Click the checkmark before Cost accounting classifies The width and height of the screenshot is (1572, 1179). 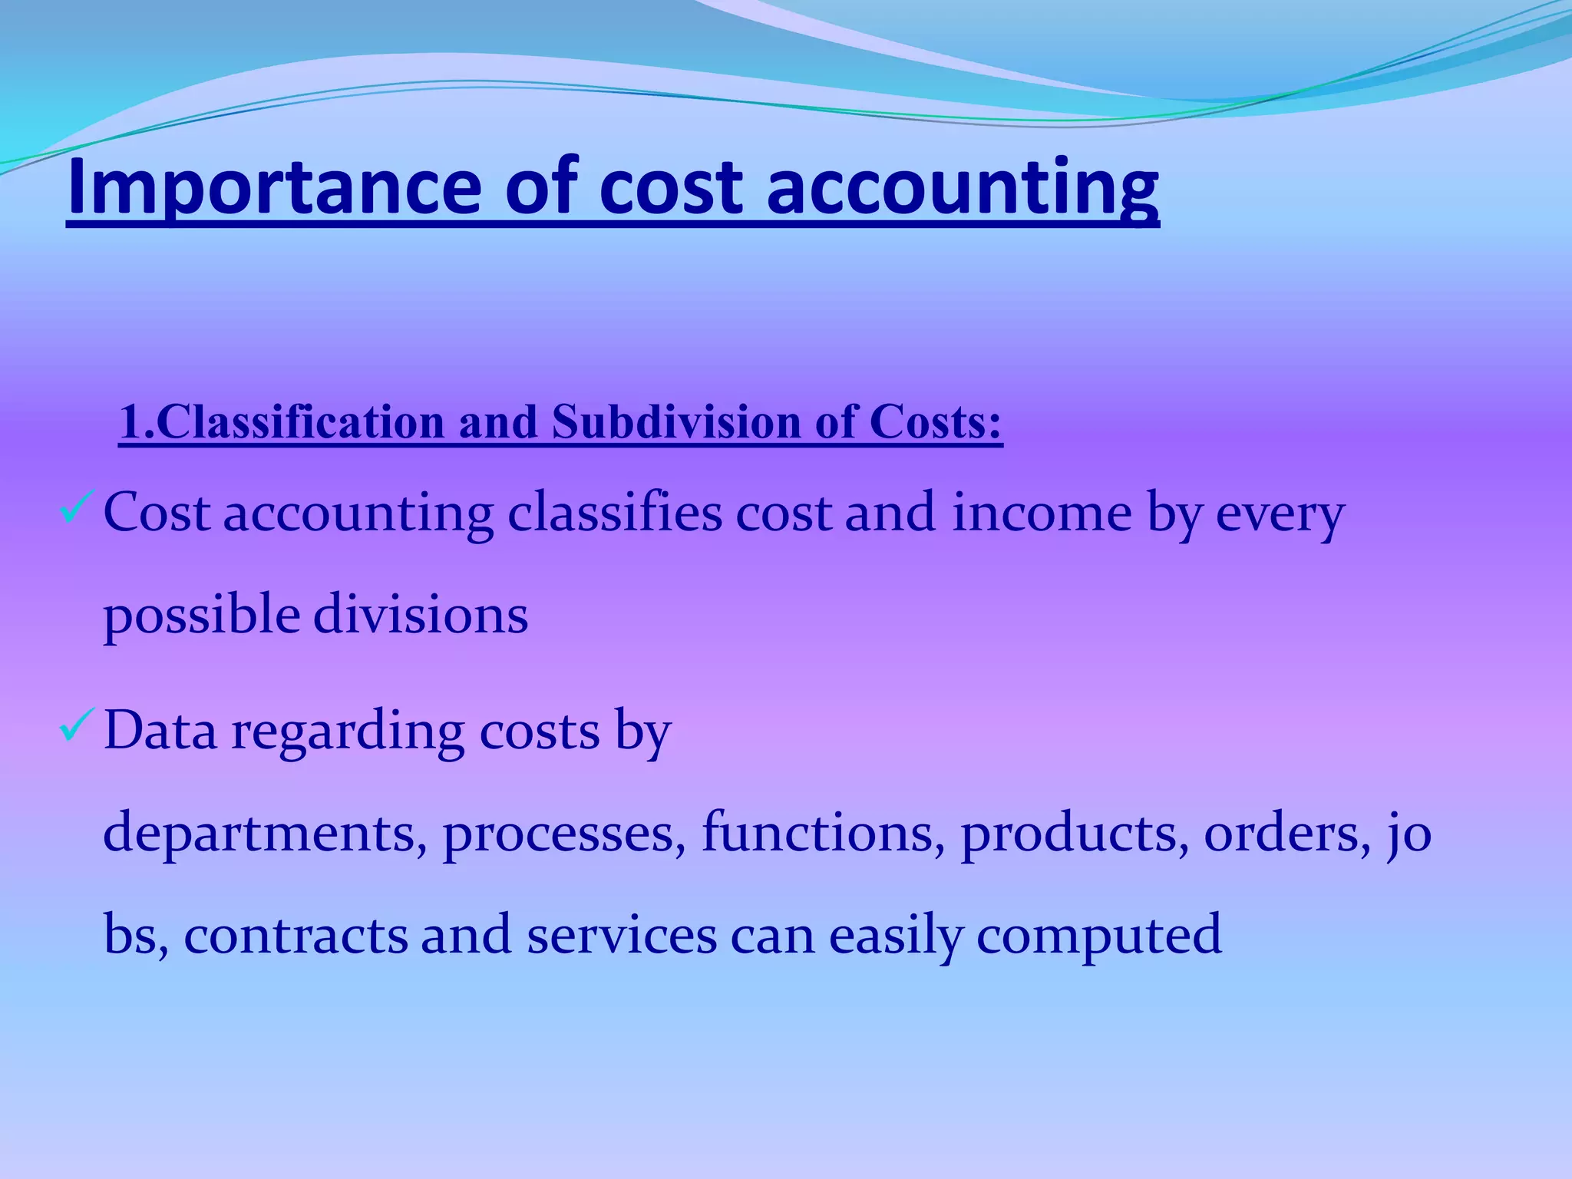[76, 508]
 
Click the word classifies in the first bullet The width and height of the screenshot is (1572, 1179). [614, 513]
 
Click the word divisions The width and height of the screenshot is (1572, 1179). [421, 616]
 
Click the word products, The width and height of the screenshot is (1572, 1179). [1075, 834]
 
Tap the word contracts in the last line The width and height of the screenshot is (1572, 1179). [296, 935]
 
